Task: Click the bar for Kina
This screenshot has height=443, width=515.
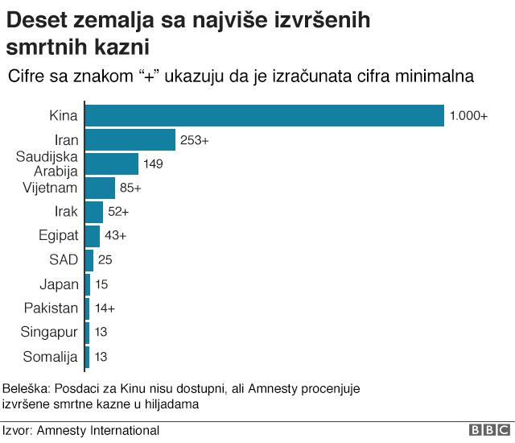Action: [x=264, y=116]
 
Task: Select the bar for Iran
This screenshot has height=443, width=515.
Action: [x=130, y=140]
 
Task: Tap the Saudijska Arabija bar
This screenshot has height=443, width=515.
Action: [x=111, y=164]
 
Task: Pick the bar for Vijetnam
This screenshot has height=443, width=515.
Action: [x=100, y=188]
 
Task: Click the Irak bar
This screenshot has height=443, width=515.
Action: [x=93, y=212]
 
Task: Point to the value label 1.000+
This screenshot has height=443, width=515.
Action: [x=468, y=116]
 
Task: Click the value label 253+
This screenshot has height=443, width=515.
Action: [x=195, y=140]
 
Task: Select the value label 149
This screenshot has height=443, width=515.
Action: [x=153, y=164]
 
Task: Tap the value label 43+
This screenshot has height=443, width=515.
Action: [x=116, y=236]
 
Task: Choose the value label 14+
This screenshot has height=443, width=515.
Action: [x=105, y=308]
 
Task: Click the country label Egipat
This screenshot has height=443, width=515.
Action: [x=59, y=236]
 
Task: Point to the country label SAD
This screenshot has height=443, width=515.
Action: [x=64, y=260]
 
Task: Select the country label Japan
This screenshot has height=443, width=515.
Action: [x=60, y=284]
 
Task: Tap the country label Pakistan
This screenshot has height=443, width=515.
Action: [x=51, y=308]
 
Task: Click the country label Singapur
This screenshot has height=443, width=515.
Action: [x=50, y=332]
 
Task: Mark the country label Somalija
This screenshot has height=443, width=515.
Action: [x=50, y=355]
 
